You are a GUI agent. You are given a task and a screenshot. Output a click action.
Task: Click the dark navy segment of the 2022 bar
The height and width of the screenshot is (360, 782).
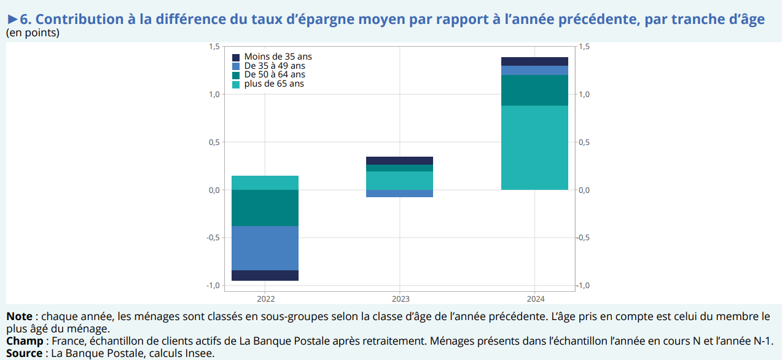click(x=265, y=275)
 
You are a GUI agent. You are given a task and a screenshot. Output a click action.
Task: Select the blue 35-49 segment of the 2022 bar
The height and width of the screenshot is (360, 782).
click(x=265, y=248)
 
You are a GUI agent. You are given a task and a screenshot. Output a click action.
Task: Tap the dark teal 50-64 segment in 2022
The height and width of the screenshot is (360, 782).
click(x=265, y=208)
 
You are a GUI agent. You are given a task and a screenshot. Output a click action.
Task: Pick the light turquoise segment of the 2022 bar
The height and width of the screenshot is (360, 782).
click(x=265, y=182)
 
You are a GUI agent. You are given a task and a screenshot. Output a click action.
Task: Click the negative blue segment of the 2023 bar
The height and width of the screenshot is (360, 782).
click(x=399, y=194)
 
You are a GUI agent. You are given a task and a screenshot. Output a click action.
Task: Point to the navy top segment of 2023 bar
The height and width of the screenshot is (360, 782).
click(x=399, y=160)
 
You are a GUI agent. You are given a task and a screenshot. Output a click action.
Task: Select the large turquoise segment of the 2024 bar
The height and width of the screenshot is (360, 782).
click(x=534, y=147)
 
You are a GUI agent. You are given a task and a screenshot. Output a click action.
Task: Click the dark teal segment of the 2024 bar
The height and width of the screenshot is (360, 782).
click(x=534, y=90)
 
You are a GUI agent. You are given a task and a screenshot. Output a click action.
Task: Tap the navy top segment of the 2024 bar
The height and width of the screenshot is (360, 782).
click(x=534, y=61)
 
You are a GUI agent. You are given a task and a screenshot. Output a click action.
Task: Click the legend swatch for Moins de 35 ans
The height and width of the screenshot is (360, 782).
click(x=236, y=57)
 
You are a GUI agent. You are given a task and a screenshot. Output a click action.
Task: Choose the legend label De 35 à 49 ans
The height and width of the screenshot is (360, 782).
click(x=275, y=66)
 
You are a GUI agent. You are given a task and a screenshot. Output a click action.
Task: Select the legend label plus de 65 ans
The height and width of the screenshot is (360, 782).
click(x=274, y=84)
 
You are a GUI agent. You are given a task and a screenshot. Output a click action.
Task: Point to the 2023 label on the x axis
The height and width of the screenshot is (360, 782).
click(x=400, y=299)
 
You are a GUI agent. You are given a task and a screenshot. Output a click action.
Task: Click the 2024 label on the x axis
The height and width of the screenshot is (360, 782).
click(x=534, y=299)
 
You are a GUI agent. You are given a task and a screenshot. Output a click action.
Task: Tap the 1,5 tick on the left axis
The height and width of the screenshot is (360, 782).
click(x=214, y=47)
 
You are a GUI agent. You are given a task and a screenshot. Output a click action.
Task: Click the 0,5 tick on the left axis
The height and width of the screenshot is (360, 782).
click(x=214, y=143)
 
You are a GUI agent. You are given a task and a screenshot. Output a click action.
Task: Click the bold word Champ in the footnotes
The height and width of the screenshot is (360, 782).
click(x=25, y=340)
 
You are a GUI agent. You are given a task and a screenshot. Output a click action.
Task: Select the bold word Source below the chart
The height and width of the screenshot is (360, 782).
click(x=24, y=353)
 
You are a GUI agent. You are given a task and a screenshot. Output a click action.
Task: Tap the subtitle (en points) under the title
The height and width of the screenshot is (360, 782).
click(x=33, y=33)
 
